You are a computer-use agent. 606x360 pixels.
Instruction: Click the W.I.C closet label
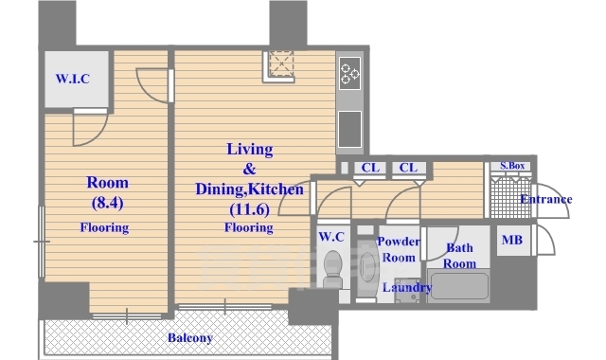pos(73,79)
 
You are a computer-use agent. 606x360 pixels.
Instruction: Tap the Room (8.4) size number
pos(107,203)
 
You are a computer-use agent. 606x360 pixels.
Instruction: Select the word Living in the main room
pos(250,150)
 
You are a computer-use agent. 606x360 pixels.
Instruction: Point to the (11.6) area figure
pos(249,209)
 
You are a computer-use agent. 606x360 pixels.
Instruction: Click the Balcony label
pos(190,338)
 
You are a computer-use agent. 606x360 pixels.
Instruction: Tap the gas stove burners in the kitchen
pos(349,73)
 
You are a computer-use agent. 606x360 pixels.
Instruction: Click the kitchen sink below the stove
pos(349,129)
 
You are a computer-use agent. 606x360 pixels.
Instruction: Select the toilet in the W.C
pos(332,269)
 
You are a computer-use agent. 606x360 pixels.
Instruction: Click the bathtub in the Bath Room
pos(459,286)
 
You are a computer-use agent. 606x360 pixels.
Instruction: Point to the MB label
pos(512,240)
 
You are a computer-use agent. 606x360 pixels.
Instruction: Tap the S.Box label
pos(512,166)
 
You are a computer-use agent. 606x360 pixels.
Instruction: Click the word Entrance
pos(545,199)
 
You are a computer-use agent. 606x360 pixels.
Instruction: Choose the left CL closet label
pos(370,168)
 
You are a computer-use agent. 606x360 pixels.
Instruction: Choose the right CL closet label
pos(408,168)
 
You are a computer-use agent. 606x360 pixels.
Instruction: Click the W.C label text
pos(331,237)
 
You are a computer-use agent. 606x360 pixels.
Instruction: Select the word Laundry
pos(407,288)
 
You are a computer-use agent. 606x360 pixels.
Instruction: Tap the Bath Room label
pos(459,256)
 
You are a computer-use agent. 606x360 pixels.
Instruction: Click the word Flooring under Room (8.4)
pos(104,227)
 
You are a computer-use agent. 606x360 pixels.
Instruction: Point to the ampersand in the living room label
pos(250,169)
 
